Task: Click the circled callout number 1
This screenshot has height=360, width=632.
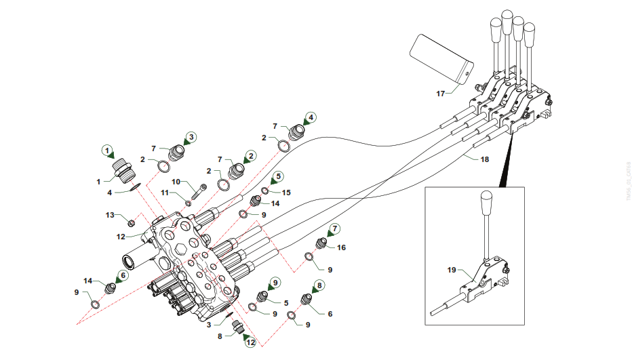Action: pos(106,148)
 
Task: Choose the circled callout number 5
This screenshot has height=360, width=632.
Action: pos(277,178)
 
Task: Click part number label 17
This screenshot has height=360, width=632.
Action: pos(440,94)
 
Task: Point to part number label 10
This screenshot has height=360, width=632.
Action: pos(174,182)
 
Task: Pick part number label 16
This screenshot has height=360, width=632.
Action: pos(341,247)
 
